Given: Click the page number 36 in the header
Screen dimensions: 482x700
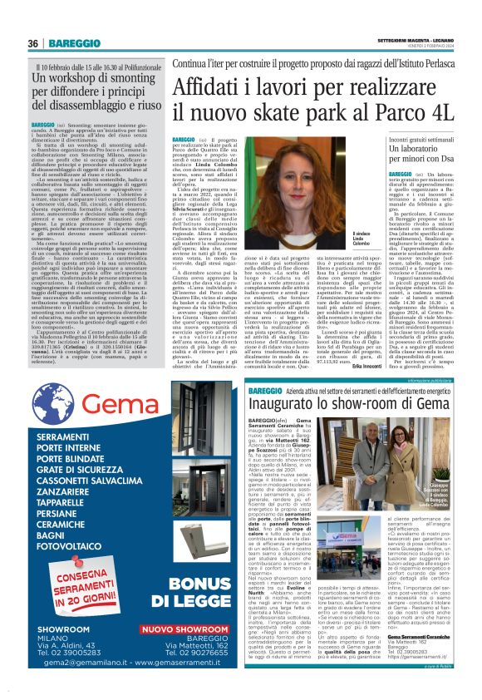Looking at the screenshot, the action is point(32,42).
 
